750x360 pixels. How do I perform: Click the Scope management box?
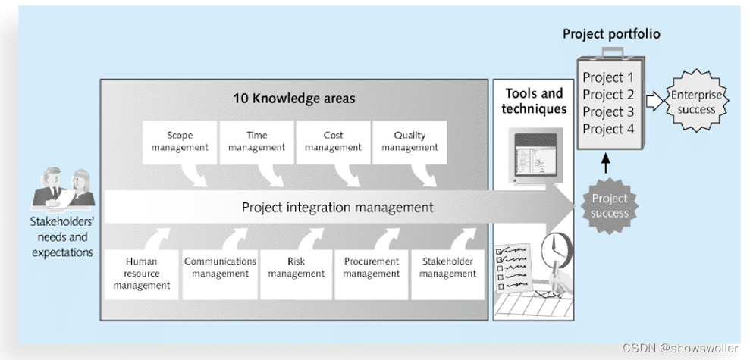(x=180, y=142)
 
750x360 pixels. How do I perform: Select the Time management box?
(x=257, y=142)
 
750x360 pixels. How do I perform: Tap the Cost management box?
(x=334, y=142)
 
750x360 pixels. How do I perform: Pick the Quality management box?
(x=410, y=142)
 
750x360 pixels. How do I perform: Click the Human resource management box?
(x=142, y=274)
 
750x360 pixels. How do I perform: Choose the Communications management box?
(x=220, y=268)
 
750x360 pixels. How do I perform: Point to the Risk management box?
(x=297, y=268)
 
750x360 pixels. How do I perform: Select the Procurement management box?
(x=372, y=268)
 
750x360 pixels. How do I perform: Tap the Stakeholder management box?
(x=447, y=268)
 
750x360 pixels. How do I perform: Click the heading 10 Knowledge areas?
(x=293, y=99)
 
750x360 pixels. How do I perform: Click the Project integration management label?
(x=337, y=207)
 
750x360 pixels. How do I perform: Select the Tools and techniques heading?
(x=534, y=101)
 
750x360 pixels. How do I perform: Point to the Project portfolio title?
(x=611, y=34)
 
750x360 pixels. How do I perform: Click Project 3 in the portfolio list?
(x=608, y=111)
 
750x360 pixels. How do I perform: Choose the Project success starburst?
(x=610, y=205)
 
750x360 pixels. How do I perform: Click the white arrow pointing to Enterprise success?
(x=654, y=102)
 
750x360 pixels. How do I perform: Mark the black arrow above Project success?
(x=604, y=164)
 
